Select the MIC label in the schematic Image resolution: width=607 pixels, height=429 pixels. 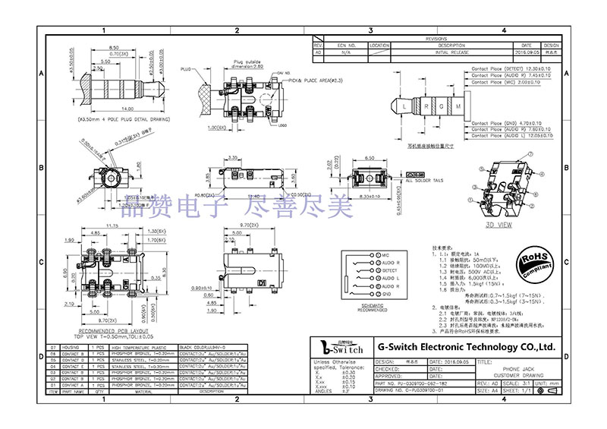tap(385, 254)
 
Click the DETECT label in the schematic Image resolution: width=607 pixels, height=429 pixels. tap(390, 270)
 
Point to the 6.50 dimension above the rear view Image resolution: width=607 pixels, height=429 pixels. tap(370, 156)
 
